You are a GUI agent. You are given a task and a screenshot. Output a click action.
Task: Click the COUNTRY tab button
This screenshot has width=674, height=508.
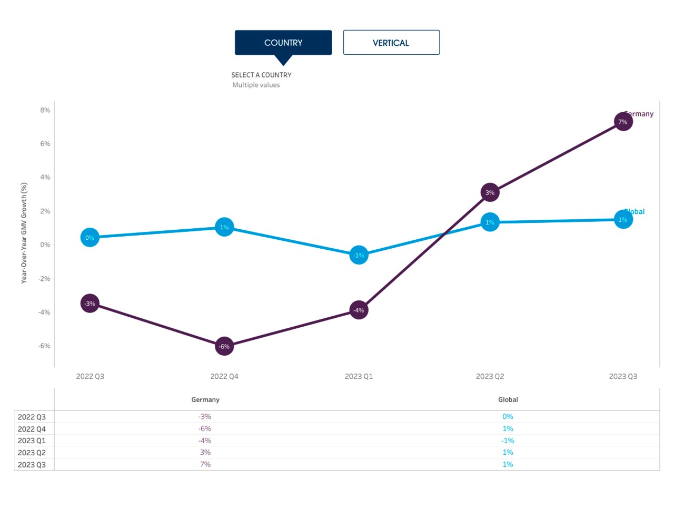283,43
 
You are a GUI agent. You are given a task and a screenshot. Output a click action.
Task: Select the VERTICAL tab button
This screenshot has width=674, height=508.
391,43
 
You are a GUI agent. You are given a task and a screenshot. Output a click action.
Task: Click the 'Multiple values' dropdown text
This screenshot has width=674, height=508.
256,85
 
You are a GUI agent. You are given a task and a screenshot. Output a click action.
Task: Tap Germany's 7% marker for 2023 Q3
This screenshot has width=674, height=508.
623,122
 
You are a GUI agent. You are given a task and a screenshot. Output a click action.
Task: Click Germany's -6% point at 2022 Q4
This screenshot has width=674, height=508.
224,346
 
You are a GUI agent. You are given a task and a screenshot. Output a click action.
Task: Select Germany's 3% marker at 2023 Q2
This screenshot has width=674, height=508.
490,193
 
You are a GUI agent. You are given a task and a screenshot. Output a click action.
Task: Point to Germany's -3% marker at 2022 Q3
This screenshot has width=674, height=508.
90,304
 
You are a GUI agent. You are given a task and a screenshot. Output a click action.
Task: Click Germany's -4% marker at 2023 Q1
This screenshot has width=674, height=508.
359,310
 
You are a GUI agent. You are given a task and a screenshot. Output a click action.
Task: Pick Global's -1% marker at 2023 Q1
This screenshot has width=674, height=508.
359,255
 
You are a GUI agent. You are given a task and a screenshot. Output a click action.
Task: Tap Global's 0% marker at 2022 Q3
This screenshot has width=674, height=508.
90,238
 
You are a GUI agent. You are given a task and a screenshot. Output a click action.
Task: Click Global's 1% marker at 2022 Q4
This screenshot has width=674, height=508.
224,227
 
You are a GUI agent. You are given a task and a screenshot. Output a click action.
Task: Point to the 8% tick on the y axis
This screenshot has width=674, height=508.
45,110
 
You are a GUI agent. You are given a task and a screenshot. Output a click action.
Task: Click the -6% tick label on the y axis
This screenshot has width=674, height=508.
44,346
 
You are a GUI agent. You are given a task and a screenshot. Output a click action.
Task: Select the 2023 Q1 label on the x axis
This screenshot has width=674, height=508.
359,376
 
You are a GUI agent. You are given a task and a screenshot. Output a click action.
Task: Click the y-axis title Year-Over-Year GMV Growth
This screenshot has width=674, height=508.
24,233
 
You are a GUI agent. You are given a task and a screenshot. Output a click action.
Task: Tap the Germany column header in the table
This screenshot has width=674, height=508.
205,399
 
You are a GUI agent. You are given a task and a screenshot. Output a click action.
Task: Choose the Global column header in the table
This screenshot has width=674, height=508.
508,399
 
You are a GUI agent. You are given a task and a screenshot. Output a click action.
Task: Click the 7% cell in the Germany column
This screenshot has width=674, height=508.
205,464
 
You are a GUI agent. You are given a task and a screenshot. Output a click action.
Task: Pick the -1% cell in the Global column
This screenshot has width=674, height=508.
508,441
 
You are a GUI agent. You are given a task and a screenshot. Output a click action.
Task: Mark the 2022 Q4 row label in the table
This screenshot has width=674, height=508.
32,429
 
